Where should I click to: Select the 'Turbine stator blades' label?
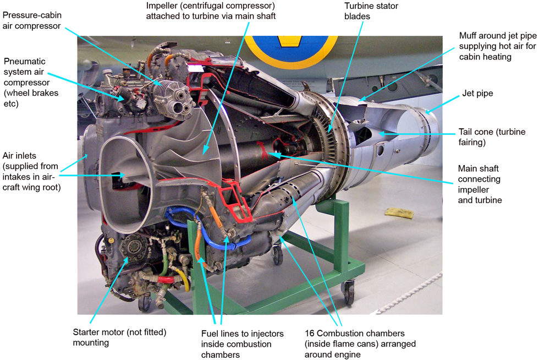371,11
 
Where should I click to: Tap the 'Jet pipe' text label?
476,94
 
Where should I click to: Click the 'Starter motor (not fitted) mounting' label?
119,337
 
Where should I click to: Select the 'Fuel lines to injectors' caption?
243,344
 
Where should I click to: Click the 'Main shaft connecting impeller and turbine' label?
480,184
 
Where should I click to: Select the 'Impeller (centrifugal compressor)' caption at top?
211,11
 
